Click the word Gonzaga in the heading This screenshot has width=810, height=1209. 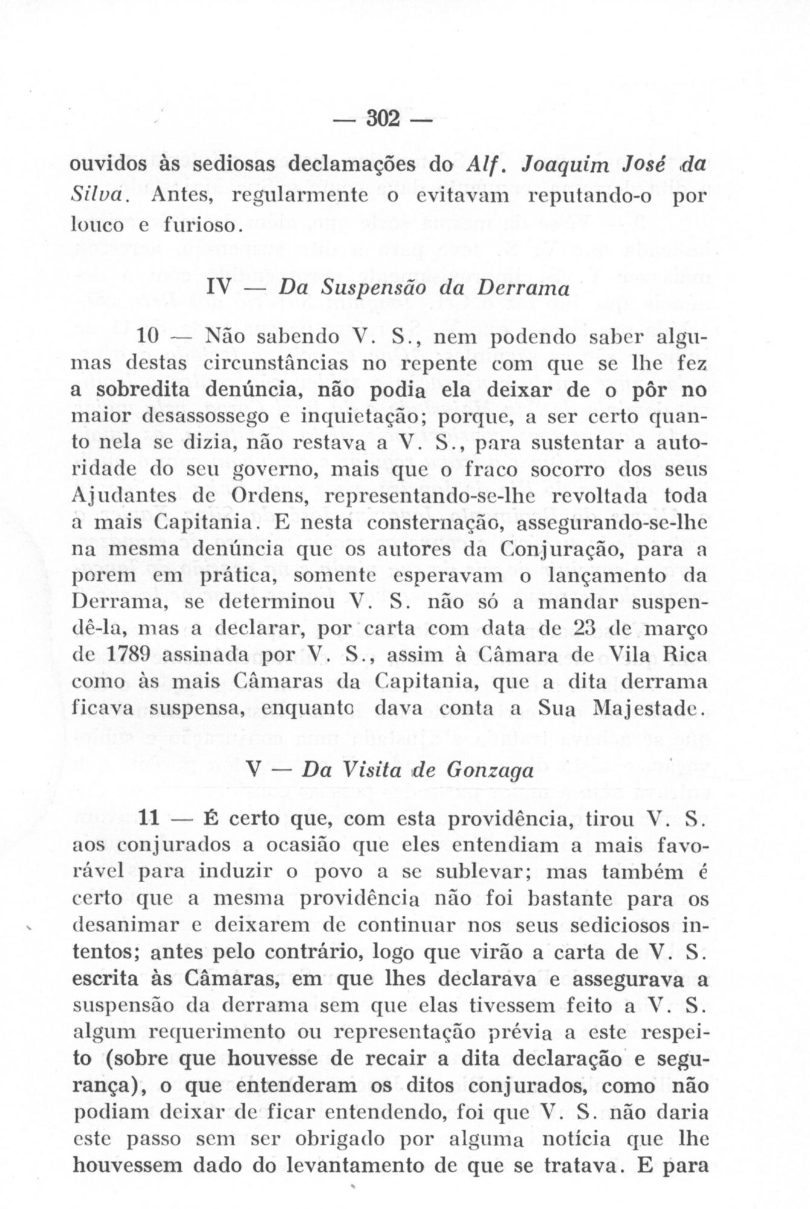[x=490, y=771]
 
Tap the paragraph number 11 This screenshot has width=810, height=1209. [x=149, y=820]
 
